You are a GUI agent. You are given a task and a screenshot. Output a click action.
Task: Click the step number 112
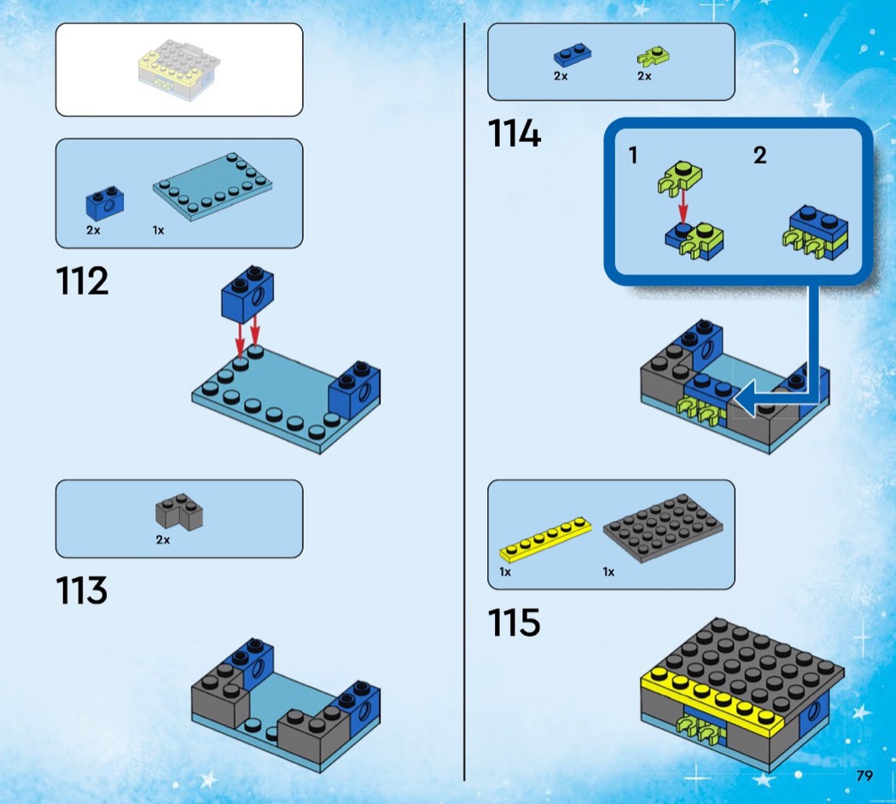82,281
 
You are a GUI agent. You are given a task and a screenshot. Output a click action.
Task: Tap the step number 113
82,591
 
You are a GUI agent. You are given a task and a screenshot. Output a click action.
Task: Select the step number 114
514,134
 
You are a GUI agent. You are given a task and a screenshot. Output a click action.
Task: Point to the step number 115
514,622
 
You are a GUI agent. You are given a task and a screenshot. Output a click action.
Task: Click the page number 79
864,776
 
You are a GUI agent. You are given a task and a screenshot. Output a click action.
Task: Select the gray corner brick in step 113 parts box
179,512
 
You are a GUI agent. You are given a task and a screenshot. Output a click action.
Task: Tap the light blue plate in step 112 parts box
212,186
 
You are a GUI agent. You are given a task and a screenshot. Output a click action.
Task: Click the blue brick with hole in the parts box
105,203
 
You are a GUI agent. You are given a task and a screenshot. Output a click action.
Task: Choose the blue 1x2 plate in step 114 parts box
572,55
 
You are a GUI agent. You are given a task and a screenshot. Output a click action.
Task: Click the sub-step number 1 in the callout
632,154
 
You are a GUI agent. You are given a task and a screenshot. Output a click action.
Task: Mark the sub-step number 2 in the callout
759,154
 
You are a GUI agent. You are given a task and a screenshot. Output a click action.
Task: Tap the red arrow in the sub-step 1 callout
683,205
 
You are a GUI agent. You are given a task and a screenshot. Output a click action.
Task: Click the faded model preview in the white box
179,70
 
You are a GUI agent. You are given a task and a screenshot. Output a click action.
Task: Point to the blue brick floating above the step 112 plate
247,294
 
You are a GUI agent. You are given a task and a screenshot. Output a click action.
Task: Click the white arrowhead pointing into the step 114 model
747,399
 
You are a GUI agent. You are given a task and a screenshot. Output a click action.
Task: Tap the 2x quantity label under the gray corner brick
163,539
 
